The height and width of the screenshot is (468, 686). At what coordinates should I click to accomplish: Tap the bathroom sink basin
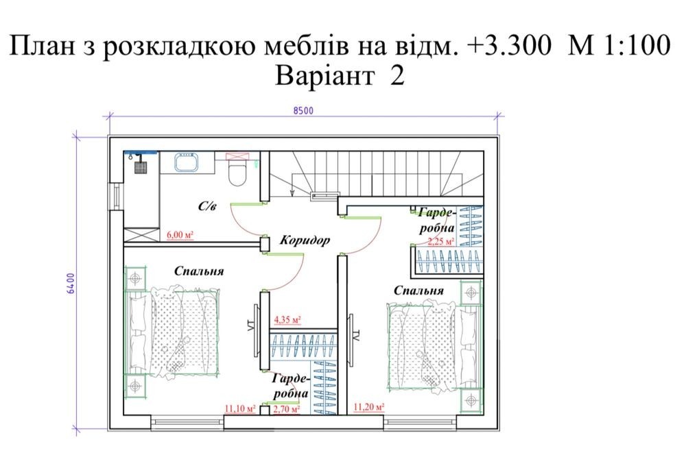click(187, 162)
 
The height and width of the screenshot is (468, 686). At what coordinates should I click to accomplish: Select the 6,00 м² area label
click(180, 235)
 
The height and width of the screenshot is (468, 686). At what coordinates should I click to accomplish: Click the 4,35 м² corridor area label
click(287, 320)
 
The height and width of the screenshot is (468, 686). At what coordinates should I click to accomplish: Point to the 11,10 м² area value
click(239, 408)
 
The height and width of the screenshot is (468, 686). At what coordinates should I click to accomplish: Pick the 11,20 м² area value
click(369, 407)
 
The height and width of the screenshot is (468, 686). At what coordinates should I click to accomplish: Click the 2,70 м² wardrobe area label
click(287, 410)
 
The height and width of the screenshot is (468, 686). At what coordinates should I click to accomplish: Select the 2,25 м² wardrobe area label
click(441, 241)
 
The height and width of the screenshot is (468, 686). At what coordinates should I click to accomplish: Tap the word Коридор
click(305, 240)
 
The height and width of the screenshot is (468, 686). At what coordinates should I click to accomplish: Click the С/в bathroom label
click(207, 206)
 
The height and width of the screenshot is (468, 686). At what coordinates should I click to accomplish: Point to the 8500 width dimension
click(303, 110)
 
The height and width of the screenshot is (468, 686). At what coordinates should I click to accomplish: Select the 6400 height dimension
click(71, 283)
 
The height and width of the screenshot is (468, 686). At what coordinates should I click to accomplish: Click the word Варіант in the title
click(324, 75)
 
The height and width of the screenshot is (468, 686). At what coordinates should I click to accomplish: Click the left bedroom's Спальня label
click(199, 271)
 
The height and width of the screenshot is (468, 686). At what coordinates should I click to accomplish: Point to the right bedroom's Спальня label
click(418, 291)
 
